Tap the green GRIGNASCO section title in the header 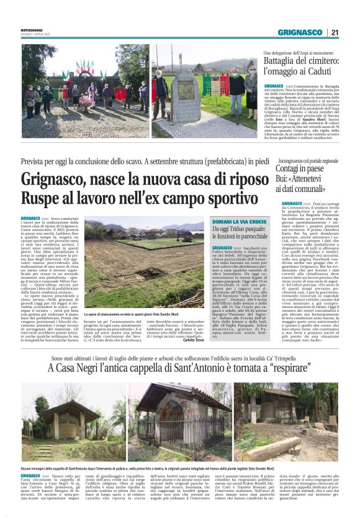coord(299,32)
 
